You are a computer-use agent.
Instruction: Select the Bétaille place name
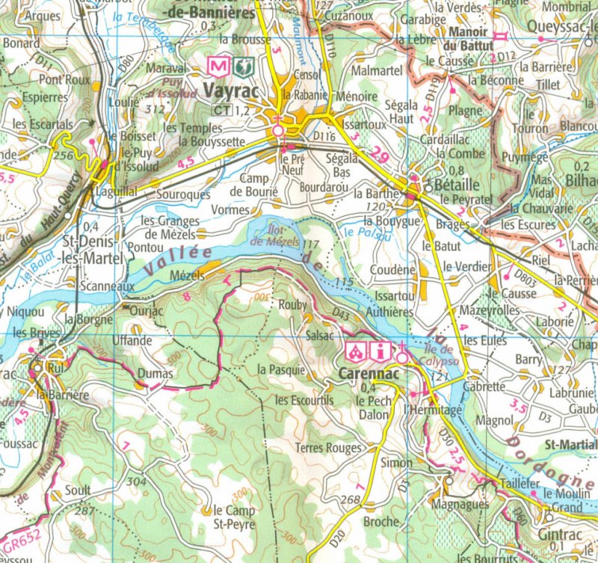(450, 184)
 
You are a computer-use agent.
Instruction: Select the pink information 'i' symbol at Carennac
(382, 350)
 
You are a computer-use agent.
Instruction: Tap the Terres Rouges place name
(328, 448)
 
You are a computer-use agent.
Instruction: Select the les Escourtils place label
(303, 400)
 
